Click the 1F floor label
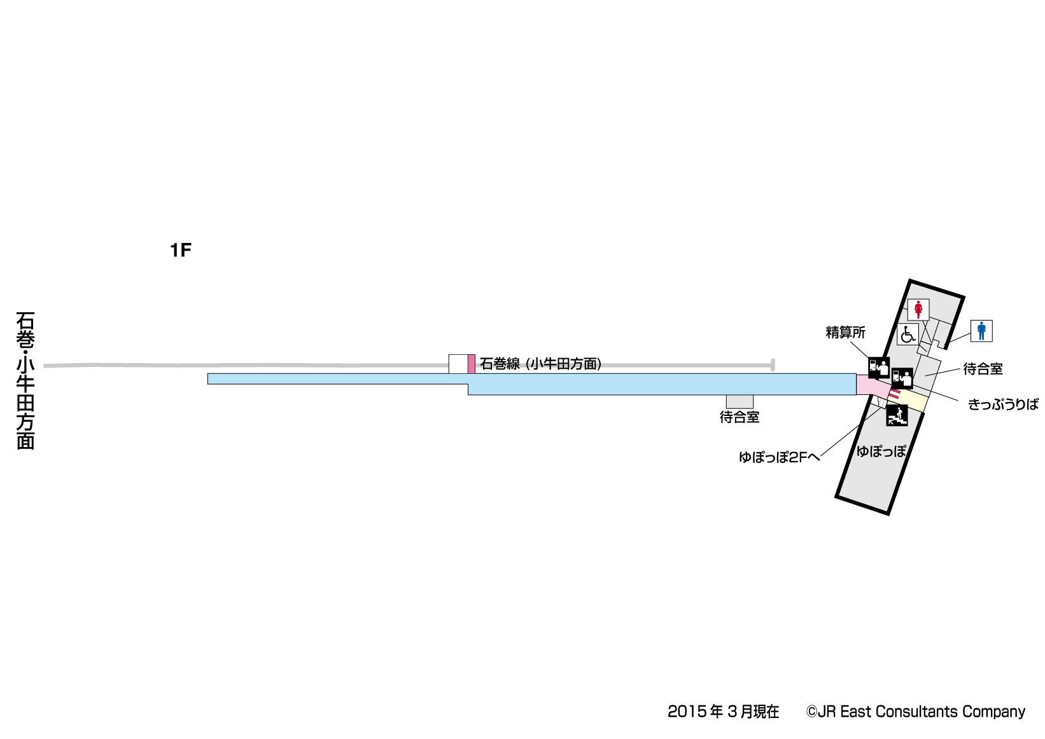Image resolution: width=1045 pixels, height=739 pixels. tap(181, 251)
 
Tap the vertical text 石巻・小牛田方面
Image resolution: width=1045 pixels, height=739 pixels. tap(25, 380)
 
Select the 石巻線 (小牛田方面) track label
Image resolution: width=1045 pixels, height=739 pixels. tap(540, 364)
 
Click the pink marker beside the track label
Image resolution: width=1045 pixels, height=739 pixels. tap(471, 364)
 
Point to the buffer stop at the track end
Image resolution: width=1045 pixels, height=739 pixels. tap(772, 364)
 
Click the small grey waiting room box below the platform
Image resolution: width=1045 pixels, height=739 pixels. tap(740, 401)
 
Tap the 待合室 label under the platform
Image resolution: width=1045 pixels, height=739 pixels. tap(740, 417)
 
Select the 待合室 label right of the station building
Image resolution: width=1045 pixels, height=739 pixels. tap(983, 369)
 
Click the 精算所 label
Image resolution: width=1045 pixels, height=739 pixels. tap(845, 333)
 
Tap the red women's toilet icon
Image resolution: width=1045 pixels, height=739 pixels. tap(918, 310)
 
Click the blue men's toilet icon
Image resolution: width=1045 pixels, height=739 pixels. tap(981, 331)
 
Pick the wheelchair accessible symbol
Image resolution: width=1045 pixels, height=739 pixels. tap(908, 334)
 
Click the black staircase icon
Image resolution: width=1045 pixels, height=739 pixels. tap(897, 416)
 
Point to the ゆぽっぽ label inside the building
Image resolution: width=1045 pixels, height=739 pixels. tap(881, 452)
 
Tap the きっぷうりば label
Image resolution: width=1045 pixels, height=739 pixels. tap(1003, 404)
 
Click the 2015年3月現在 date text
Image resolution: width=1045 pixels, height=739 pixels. tap(723, 712)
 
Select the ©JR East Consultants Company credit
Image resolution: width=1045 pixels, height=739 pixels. tap(916, 712)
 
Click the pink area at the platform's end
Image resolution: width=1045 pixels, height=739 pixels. tap(870, 385)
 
